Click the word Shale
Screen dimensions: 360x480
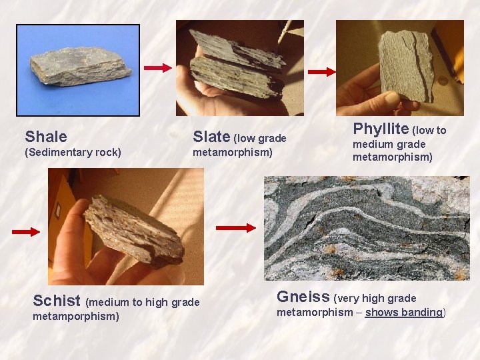point(46,137)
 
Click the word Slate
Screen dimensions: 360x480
point(211,137)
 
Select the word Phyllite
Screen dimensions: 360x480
point(381,129)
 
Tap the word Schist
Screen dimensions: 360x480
point(57,301)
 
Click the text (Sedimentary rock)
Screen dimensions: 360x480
point(73,153)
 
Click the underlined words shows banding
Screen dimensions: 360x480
point(404,312)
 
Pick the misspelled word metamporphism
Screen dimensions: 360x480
point(76,316)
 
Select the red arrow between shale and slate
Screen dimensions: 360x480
point(158,67)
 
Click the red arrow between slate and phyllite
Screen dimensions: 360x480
point(321,71)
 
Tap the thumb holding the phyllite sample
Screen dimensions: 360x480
point(392,100)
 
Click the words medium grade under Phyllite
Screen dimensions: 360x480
point(389,144)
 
